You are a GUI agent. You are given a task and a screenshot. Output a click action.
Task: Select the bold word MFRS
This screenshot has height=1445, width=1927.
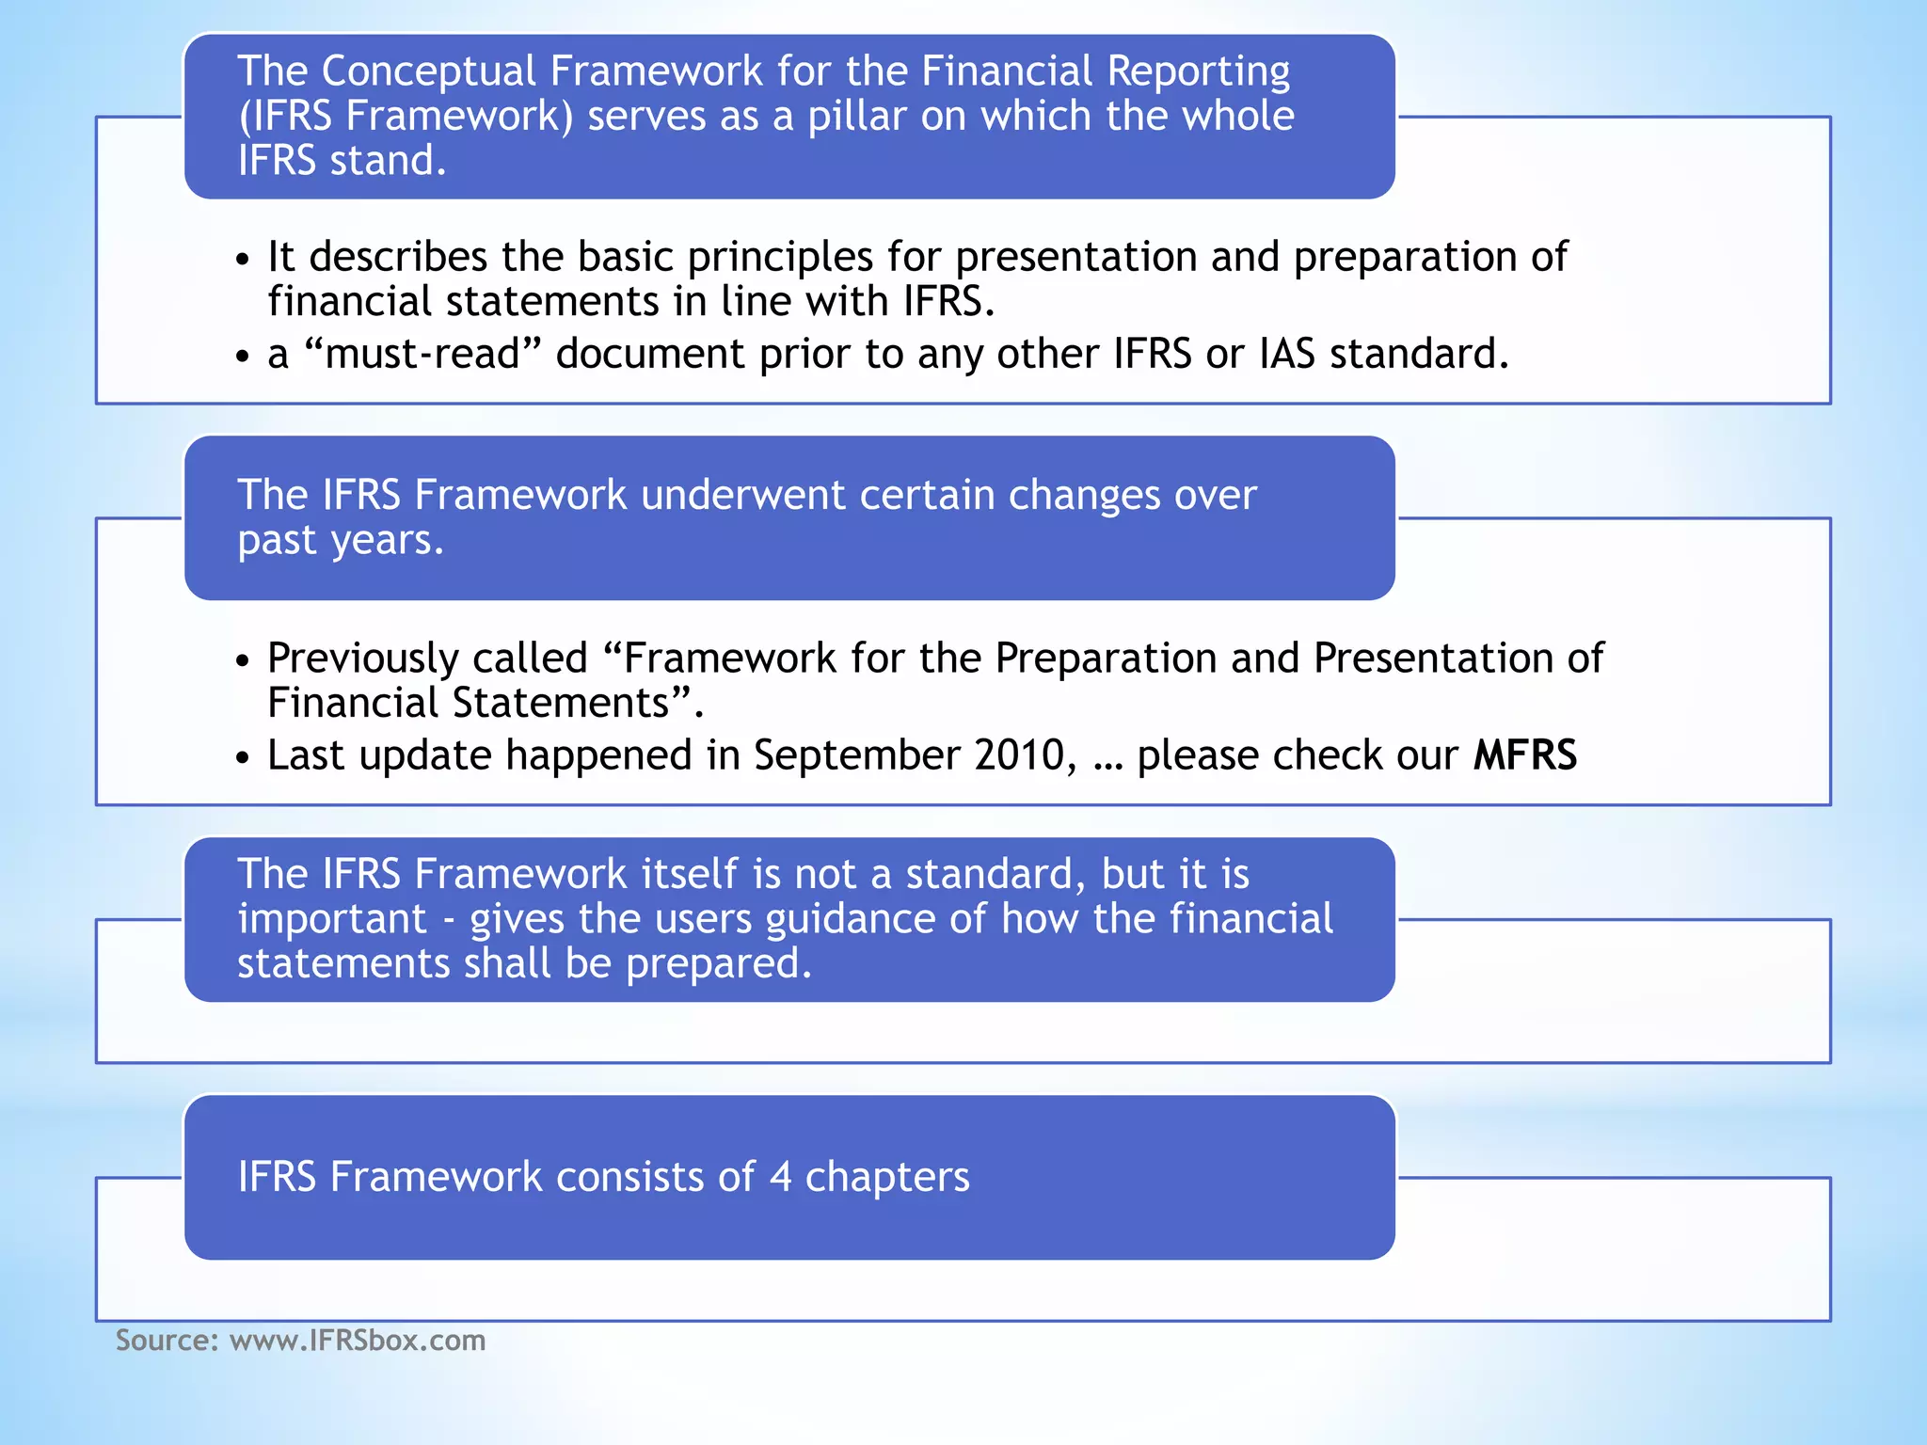coord(1524,755)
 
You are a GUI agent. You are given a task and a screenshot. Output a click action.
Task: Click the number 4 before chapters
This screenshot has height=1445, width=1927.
coord(780,1177)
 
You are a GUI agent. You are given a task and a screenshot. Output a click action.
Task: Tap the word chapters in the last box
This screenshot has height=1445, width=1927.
coord(886,1177)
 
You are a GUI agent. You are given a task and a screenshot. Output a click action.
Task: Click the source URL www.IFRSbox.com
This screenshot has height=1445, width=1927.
coord(358,1340)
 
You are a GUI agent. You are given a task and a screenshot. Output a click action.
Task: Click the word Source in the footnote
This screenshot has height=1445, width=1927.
coord(164,1340)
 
